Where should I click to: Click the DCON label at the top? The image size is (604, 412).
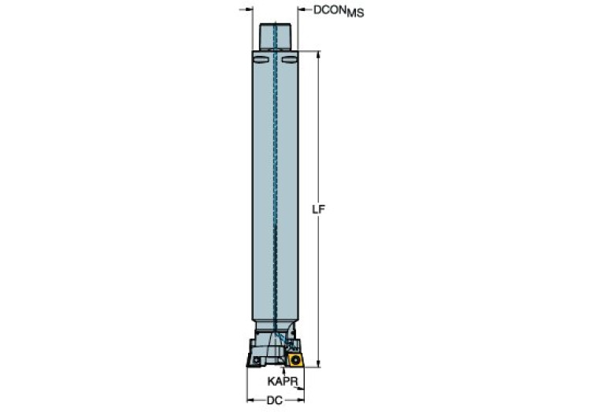[x=329, y=10]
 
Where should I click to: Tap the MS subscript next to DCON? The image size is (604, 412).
[x=355, y=13]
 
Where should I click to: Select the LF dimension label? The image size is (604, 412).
[x=318, y=210]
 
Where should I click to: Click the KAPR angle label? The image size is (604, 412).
[x=283, y=381]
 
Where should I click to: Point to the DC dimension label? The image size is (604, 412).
[x=275, y=400]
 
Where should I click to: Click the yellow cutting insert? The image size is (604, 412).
[x=295, y=359]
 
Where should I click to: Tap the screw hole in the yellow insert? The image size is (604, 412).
[x=296, y=359]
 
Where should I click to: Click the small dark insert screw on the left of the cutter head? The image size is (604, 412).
[x=256, y=360]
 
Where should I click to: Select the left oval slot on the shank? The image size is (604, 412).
[x=261, y=60]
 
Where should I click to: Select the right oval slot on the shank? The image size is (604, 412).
[x=289, y=60]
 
